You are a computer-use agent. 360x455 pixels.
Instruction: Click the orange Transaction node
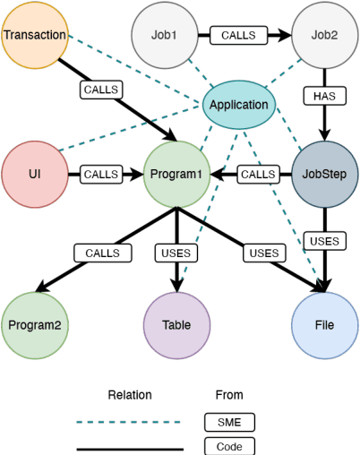pyautogui.click(x=34, y=35)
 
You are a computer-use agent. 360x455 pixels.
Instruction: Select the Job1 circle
pyautogui.click(x=164, y=36)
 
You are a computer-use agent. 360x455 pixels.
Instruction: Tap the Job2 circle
pyautogui.click(x=325, y=36)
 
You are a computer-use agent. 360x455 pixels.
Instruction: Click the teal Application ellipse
pyautogui.click(x=238, y=105)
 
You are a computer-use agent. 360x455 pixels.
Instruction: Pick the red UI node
pyautogui.click(x=35, y=174)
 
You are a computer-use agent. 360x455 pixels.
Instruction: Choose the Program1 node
pyautogui.click(x=176, y=174)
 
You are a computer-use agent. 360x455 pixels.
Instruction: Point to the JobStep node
pyautogui.click(x=325, y=174)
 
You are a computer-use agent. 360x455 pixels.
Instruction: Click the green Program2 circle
pyautogui.click(x=35, y=325)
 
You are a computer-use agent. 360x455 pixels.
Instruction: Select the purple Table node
pyautogui.click(x=176, y=325)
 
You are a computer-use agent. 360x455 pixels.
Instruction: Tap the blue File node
pyautogui.click(x=325, y=325)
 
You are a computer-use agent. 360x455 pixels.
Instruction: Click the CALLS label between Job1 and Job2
pyautogui.click(x=237, y=36)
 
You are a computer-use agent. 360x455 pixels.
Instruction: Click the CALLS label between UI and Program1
pyautogui.click(x=102, y=174)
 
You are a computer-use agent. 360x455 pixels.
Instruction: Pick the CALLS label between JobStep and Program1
pyautogui.click(x=258, y=174)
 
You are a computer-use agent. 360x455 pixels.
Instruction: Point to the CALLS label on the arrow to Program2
pyautogui.click(x=102, y=253)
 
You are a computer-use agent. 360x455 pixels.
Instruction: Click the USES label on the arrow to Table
pyautogui.click(x=176, y=253)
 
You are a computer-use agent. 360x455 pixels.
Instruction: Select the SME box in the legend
pyautogui.click(x=229, y=421)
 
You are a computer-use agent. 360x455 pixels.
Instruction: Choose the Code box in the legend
pyautogui.click(x=229, y=446)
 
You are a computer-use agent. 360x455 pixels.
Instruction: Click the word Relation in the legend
pyautogui.click(x=130, y=395)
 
